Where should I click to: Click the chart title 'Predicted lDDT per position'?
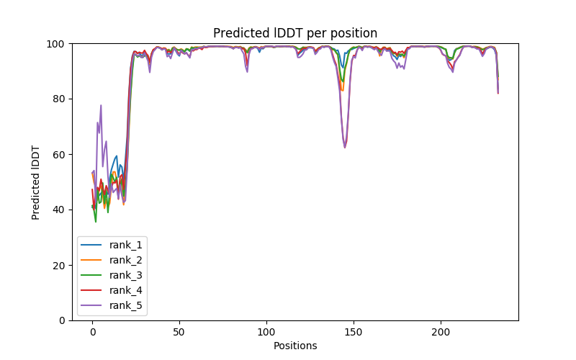click(295, 33)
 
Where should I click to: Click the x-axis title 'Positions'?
click(295, 346)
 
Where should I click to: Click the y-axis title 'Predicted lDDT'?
click(37, 181)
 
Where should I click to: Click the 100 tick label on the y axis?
click(56, 44)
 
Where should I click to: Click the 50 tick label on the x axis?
click(179, 332)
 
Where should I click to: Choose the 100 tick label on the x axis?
click(266, 332)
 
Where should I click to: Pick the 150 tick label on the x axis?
click(354, 332)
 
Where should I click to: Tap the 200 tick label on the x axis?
click(441, 332)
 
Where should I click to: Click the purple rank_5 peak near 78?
click(101, 105)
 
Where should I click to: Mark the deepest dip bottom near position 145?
click(345, 148)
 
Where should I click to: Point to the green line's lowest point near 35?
click(96, 222)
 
